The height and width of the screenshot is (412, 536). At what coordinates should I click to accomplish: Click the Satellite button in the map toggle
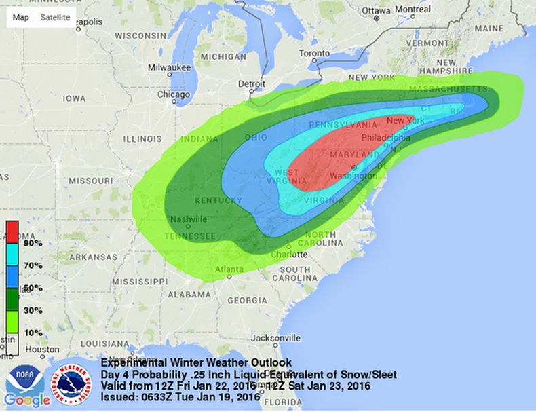click(x=55, y=18)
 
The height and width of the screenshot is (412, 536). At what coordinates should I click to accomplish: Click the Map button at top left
click(x=20, y=18)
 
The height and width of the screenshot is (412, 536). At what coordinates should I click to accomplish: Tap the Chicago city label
click(x=174, y=95)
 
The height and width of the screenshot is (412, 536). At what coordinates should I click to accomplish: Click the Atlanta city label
click(x=229, y=269)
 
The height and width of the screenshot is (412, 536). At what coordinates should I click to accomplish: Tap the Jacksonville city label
click(x=275, y=337)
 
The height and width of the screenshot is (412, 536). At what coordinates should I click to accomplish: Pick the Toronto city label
click(x=314, y=53)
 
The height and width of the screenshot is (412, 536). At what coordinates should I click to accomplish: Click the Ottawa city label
click(x=376, y=10)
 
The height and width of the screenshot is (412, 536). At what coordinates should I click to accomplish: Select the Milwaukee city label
click(x=170, y=67)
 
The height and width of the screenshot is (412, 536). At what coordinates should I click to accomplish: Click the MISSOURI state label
click(x=90, y=181)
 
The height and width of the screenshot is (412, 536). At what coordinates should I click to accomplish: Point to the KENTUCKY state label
click(x=218, y=200)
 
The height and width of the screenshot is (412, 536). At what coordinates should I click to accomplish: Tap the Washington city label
click(x=353, y=176)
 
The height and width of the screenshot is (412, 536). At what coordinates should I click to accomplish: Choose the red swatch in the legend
click(x=12, y=231)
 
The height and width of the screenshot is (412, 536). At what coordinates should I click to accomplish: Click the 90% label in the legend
click(x=33, y=243)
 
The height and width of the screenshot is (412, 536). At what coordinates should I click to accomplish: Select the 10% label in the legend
click(x=33, y=333)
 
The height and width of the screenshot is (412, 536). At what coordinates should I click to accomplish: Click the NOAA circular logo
click(x=19, y=379)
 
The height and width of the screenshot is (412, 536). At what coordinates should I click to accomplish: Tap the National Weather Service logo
click(x=73, y=383)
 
